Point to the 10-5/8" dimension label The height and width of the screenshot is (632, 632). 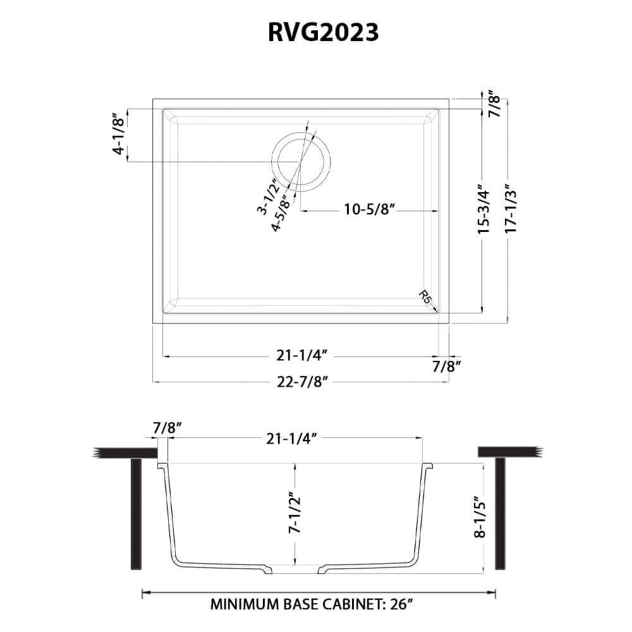pos(370,210)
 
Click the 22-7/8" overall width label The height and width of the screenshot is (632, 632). pos(301,382)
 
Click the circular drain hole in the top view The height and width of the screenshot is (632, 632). pos(300,162)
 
